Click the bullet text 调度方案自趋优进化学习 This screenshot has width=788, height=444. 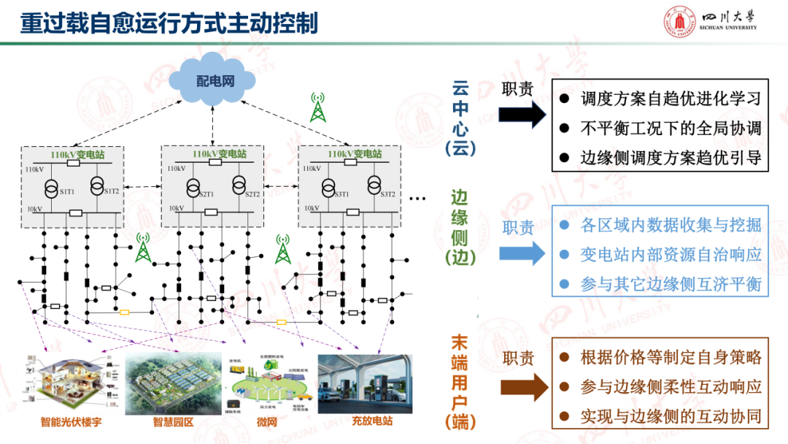tap(671, 99)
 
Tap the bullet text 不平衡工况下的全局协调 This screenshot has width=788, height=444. tap(671, 129)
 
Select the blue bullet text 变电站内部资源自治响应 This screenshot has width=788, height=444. tap(671, 255)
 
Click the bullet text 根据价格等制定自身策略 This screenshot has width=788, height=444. tap(671, 357)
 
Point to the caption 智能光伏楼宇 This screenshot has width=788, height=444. tap(71, 421)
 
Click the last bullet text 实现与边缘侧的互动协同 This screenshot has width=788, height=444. tap(671, 417)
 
